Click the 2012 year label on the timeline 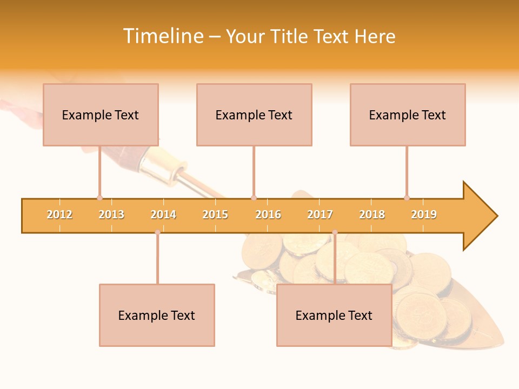(x=59, y=214)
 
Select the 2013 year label (x=111, y=214)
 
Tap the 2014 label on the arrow (x=163, y=214)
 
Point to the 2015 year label (x=215, y=214)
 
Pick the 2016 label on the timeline (x=268, y=214)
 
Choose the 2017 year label (x=320, y=214)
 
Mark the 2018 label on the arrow (x=372, y=214)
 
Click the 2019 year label (x=424, y=214)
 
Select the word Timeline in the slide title (x=163, y=36)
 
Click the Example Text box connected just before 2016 (x=254, y=115)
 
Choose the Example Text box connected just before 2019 (x=408, y=115)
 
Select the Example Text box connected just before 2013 (x=101, y=115)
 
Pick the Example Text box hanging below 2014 (x=157, y=315)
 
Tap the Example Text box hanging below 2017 (x=334, y=315)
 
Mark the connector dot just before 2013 (x=99, y=198)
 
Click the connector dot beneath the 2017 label (x=335, y=232)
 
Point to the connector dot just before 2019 (x=407, y=198)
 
